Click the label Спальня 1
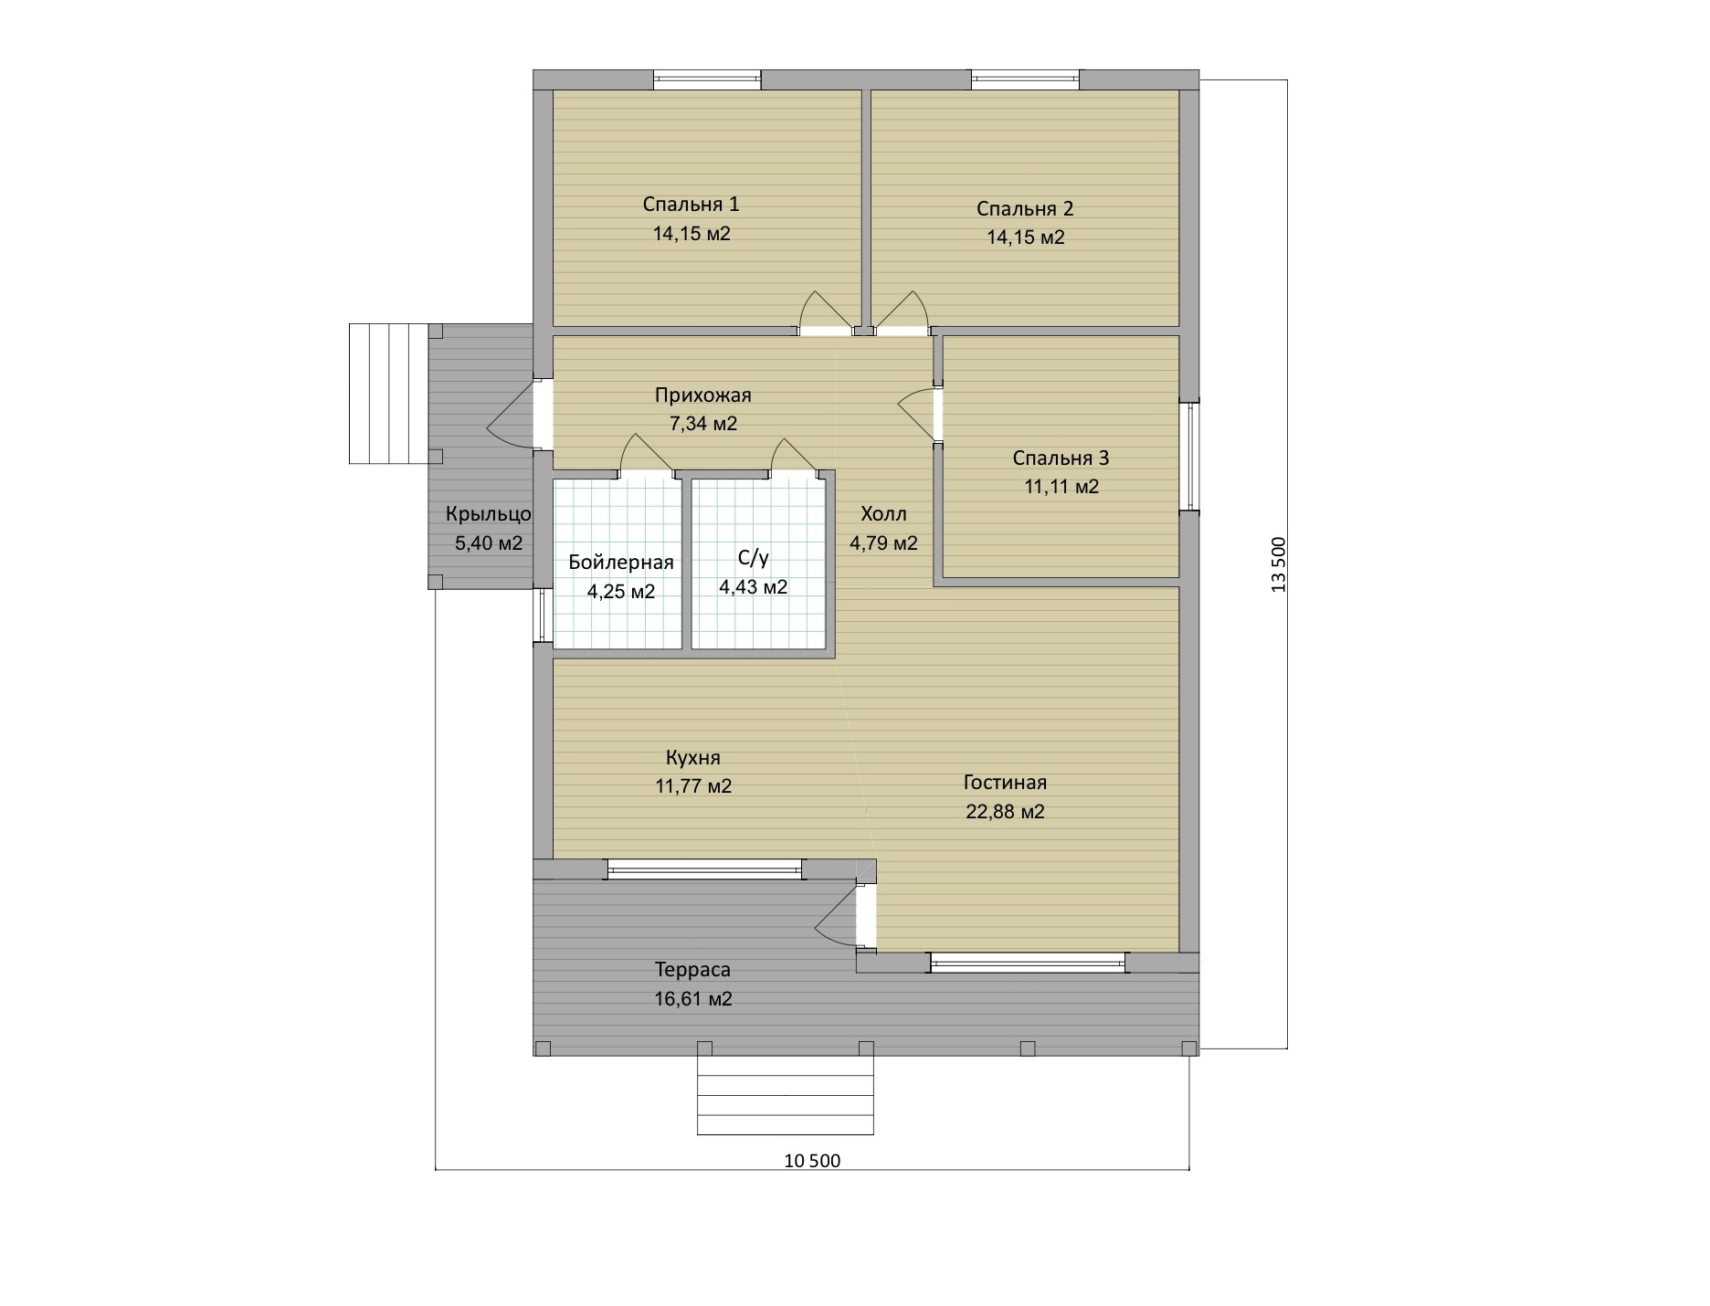pyautogui.click(x=691, y=205)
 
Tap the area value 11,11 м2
pyautogui.click(x=1061, y=487)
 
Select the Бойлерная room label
pyautogui.click(x=621, y=562)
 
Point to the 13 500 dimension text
pyautogui.click(x=1278, y=564)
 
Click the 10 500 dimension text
pyautogui.click(x=812, y=1161)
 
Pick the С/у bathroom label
pyautogui.click(x=753, y=559)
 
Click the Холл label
pyautogui.click(x=884, y=513)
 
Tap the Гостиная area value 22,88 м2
pyautogui.click(x=1005, y=812)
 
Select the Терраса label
pyautogui.click(x=692, y=970)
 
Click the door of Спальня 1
pyautogui.click(x=825, y=315)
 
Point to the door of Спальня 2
pyautogui.click(x=901, y=315)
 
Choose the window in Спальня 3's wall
pyautogui.click(x=1189, y=457)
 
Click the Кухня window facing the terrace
pyautogui.click(x=705, y=869)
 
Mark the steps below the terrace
pyautogui.click(x=786, y=1095)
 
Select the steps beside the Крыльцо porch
pyautogui.click(x=389, y=394)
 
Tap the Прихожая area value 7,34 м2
pyautogui.click(x=703, y=424)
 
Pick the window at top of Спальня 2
pyautogui.click(x=1025, y=80)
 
